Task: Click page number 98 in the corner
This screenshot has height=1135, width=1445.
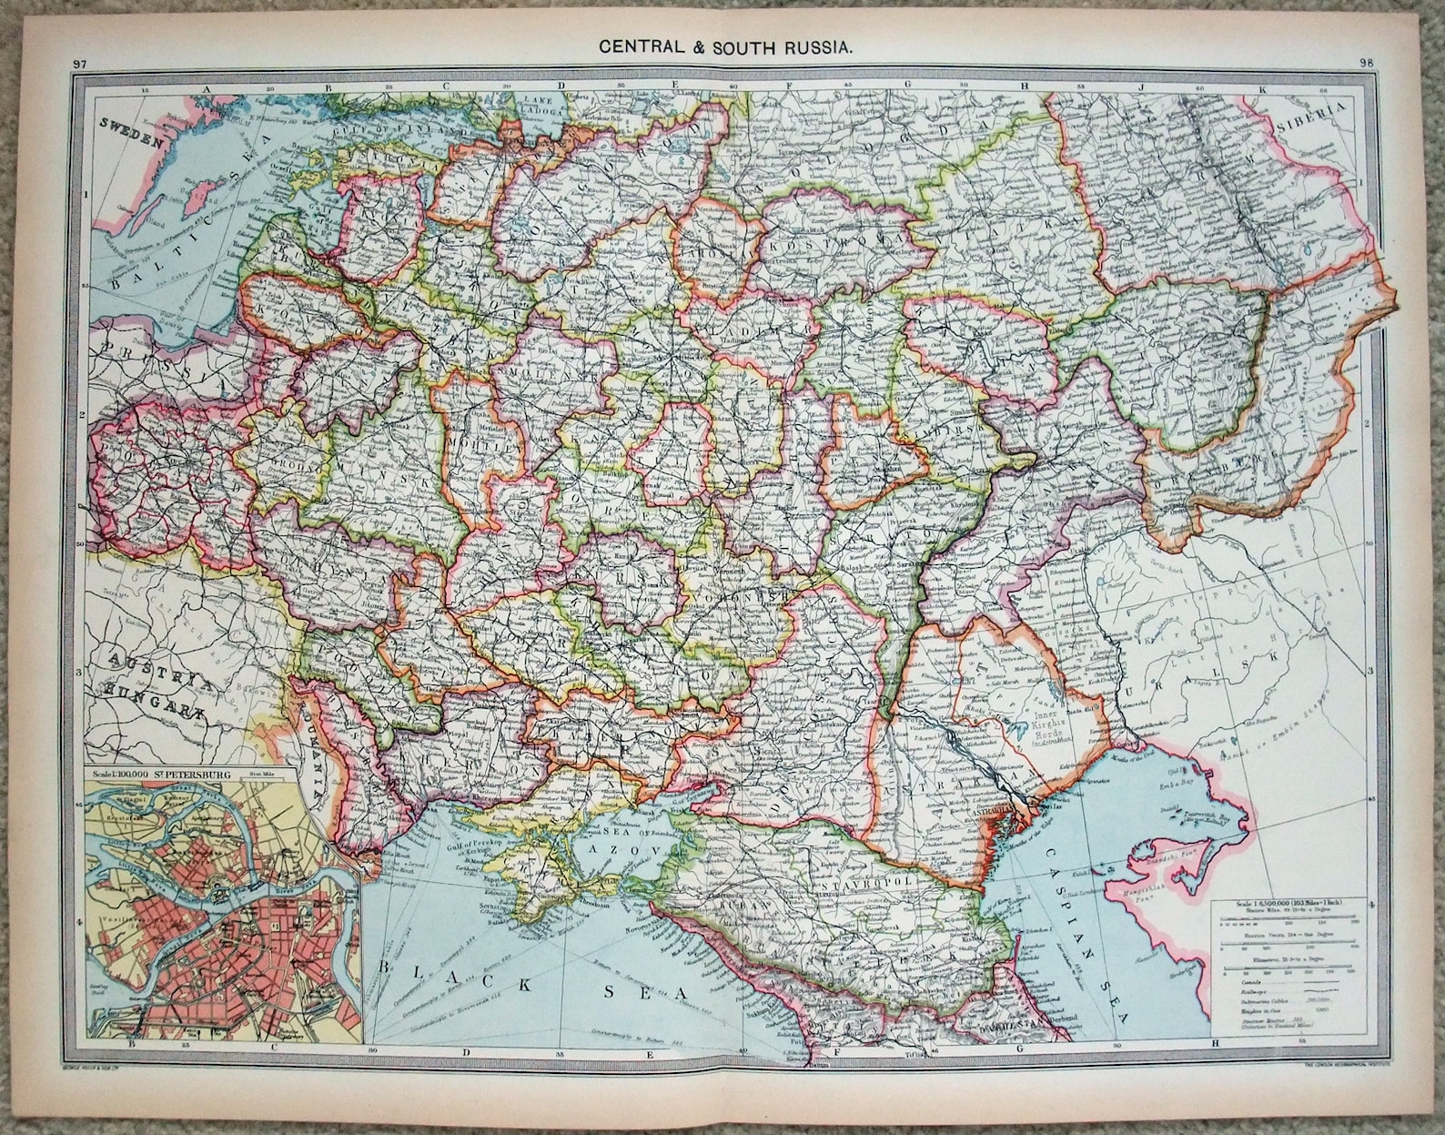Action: coord(1366,63)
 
